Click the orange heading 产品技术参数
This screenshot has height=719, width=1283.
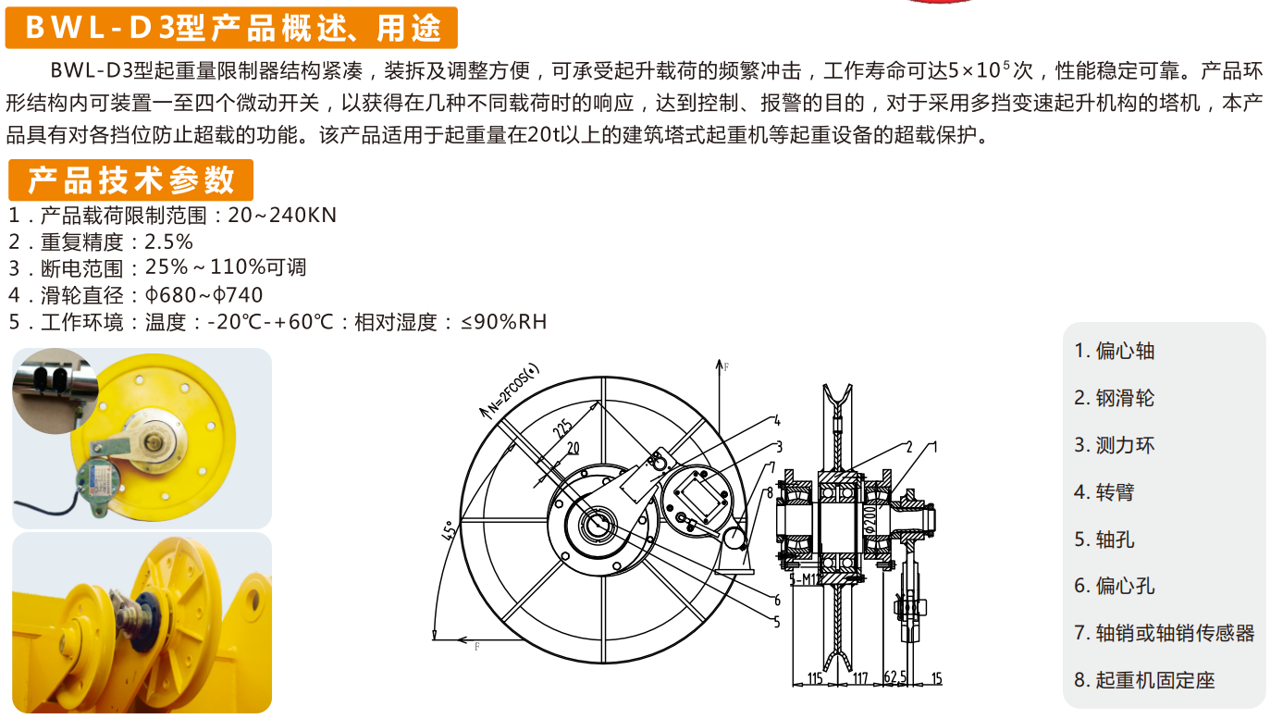tap(130, 180)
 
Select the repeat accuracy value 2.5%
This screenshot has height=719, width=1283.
tap(169, 242)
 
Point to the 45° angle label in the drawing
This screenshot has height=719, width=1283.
tap(450, 532)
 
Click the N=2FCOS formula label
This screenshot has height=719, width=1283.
tap(514, 387)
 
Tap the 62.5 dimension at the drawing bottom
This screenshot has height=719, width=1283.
tap(894, 679)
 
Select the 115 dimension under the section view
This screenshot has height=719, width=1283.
tap(814, 679)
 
